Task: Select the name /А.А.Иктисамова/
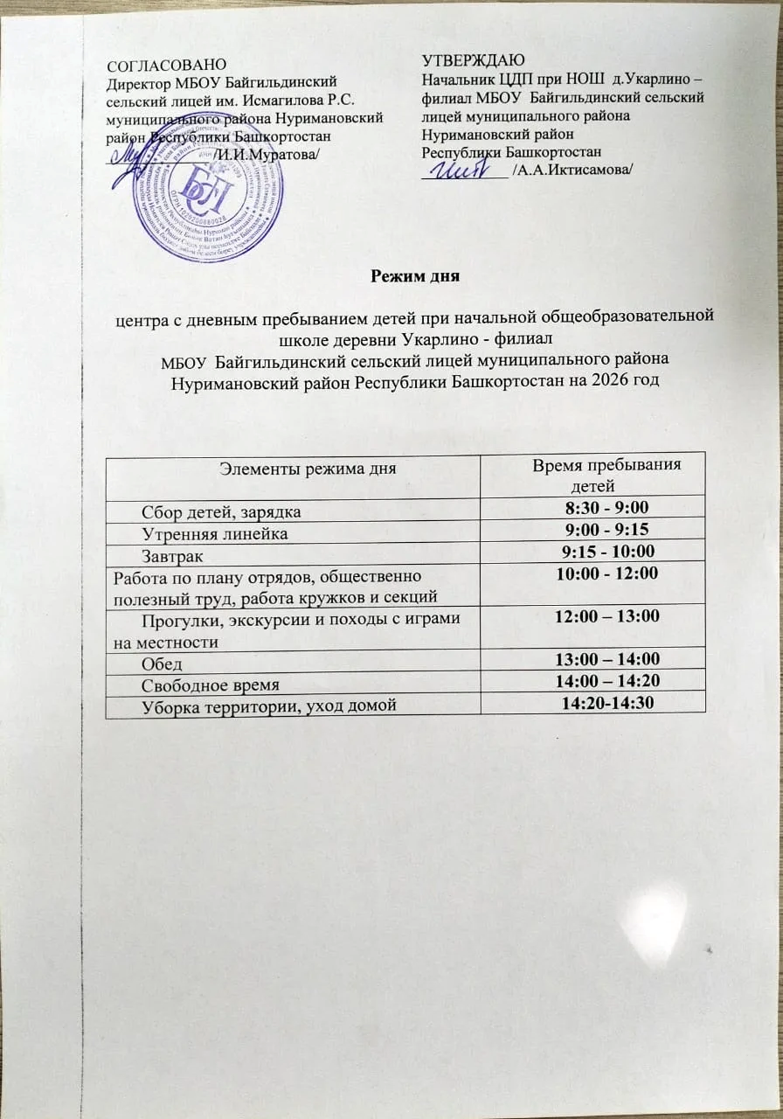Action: click(x=574, y=170)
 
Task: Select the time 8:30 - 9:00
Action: click(x=607, y=508)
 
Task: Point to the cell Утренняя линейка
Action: click(x=214, y=532)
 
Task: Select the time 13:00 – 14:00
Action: click(x=607, y=659)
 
